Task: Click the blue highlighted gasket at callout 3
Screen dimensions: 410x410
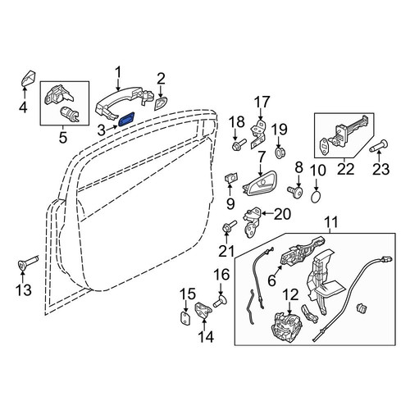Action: pyautogui.click(x=126, y=118)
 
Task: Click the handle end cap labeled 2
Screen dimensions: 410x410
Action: pyautogui.click(x=161, y=103)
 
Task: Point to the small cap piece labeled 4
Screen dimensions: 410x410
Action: pyautogui.click(x=28, y=78)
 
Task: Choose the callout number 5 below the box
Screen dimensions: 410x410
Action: pyautogui.click(x=63, y=138)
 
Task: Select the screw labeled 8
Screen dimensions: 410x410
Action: pyautogui.click(x=295, y=190)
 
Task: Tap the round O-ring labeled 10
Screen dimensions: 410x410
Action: pyautogui.click(x=316, y=198)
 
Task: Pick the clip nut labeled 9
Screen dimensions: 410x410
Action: pyautogui.click(x=231, y=178)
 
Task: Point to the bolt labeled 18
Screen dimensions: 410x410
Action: pyautogui.click(x=239, y=145)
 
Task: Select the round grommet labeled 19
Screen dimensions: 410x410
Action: pyautogui.click(x=279, y=153)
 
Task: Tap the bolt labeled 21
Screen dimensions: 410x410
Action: pyautogui.click(x=230, y=227)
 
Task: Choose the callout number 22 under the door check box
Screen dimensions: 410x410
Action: pyautogui.click(x=345, y=169)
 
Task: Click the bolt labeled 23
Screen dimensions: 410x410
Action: pyautogui.click(x=378, y=146)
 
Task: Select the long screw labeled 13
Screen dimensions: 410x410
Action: pyautogui.click(x=28, y=262)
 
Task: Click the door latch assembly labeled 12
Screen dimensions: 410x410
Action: pyautogui.click(x=286, y=327)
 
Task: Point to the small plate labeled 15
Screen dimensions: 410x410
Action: pyautogui.click(x=185, y=318)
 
